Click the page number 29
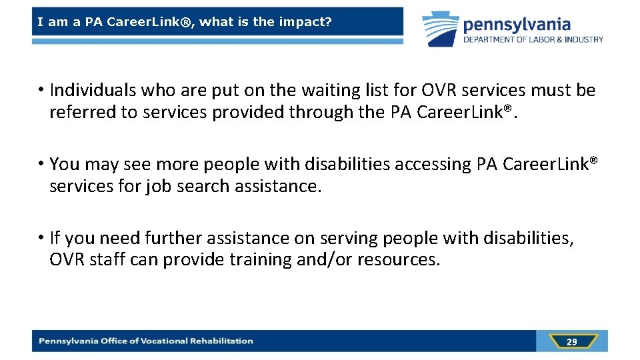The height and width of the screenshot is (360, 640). pyautogui.click(x=571, y=342)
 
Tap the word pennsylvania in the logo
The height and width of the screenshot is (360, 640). pyautogui.click(x=517, y=25)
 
